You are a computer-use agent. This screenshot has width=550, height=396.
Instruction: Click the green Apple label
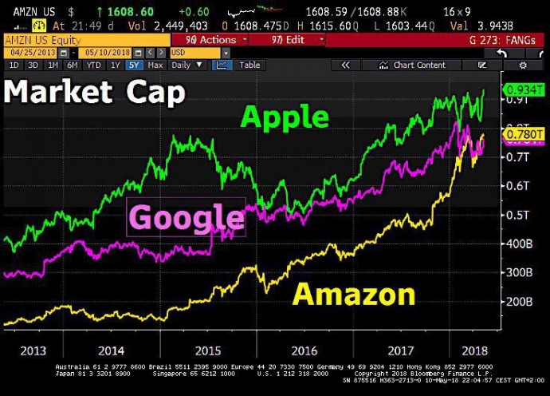coord(285,117)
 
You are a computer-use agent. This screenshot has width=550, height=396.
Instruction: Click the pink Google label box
coord(186,216)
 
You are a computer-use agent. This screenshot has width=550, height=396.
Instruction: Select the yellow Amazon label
coord(354,294)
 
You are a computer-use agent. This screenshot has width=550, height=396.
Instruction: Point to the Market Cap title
coord(95,93)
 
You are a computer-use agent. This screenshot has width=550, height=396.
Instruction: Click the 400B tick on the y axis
coord(518,244)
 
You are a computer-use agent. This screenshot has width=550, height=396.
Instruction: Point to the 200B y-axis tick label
coord(518,302)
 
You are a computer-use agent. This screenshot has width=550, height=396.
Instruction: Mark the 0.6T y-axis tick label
coord(518,185)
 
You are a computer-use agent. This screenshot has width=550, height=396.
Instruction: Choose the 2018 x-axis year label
coord(475,350)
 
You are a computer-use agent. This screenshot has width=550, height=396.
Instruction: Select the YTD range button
coord(93,65)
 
